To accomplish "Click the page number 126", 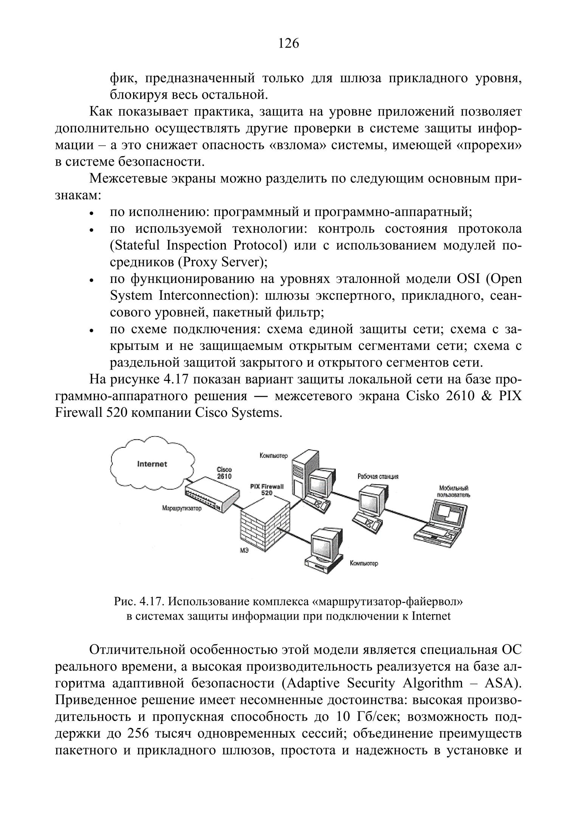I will [288, 44].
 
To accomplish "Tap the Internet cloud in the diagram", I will [152, 464].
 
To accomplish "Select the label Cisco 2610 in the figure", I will [224, 473].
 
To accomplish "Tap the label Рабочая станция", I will [378, 477].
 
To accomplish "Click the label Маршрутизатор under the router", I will [181, 508].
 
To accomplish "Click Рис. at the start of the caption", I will [124, 601].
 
